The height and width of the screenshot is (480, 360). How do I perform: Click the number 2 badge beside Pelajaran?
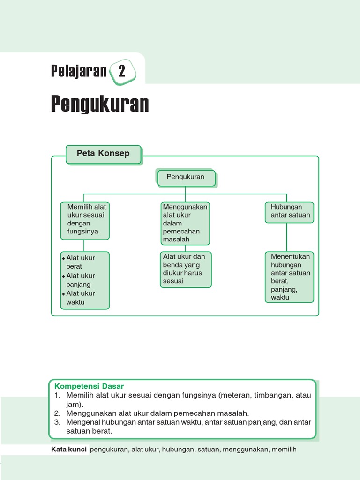coord(122,72)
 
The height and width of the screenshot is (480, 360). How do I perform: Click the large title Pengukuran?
coord(99,105)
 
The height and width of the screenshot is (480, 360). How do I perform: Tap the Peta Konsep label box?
coord(103,154)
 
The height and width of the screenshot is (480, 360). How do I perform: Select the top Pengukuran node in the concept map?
coord(186,178)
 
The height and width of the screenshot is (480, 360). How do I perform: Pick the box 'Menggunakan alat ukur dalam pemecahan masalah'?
coord(185,223)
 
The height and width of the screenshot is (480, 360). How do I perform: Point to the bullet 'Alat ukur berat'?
coord(80,262)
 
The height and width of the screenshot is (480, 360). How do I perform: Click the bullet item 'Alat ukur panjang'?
coord(80,280)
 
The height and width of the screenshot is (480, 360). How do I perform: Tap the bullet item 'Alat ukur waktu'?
coord(80,298)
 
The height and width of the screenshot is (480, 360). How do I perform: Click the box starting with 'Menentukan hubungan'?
coord(289,277)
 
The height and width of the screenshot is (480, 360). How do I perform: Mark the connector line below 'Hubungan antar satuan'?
coord(287,237)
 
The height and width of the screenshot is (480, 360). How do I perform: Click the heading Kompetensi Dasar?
coord(89,386)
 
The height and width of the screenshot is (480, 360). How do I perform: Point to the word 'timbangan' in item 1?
coord(272,395)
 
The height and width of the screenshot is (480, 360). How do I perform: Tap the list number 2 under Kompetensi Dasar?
coord(58,413)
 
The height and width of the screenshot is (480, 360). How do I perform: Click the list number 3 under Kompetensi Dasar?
coord(58,422)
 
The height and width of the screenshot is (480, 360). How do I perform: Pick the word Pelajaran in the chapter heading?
coord(79,71)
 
